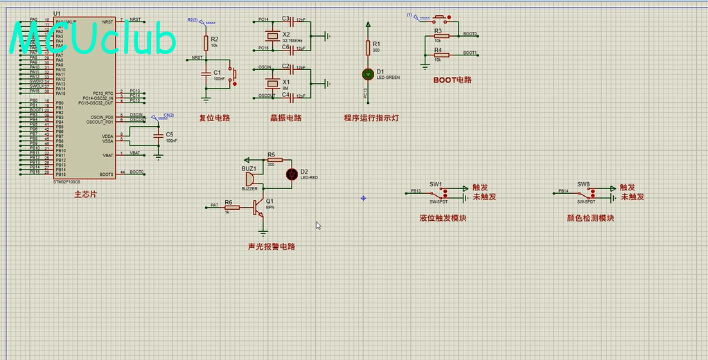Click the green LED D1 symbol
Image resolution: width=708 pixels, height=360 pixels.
point(367,73)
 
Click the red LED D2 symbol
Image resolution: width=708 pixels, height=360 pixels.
point(292,173)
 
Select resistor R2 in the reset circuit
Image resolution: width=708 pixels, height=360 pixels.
point(205,42)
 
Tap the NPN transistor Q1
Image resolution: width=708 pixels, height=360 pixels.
point(258,206)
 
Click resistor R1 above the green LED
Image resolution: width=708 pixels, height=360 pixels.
point(367,47)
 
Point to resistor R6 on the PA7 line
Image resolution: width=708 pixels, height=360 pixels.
point(229,206)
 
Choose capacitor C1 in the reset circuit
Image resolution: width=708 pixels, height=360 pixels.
point(205,73)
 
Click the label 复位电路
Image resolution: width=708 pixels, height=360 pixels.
point(214,118)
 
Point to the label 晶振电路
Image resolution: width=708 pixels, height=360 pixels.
point(285,118)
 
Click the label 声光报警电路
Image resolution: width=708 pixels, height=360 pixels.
point(271,246)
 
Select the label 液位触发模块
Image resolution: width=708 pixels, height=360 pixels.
point(443,218)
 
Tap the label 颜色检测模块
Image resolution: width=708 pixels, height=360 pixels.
point(590,218)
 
